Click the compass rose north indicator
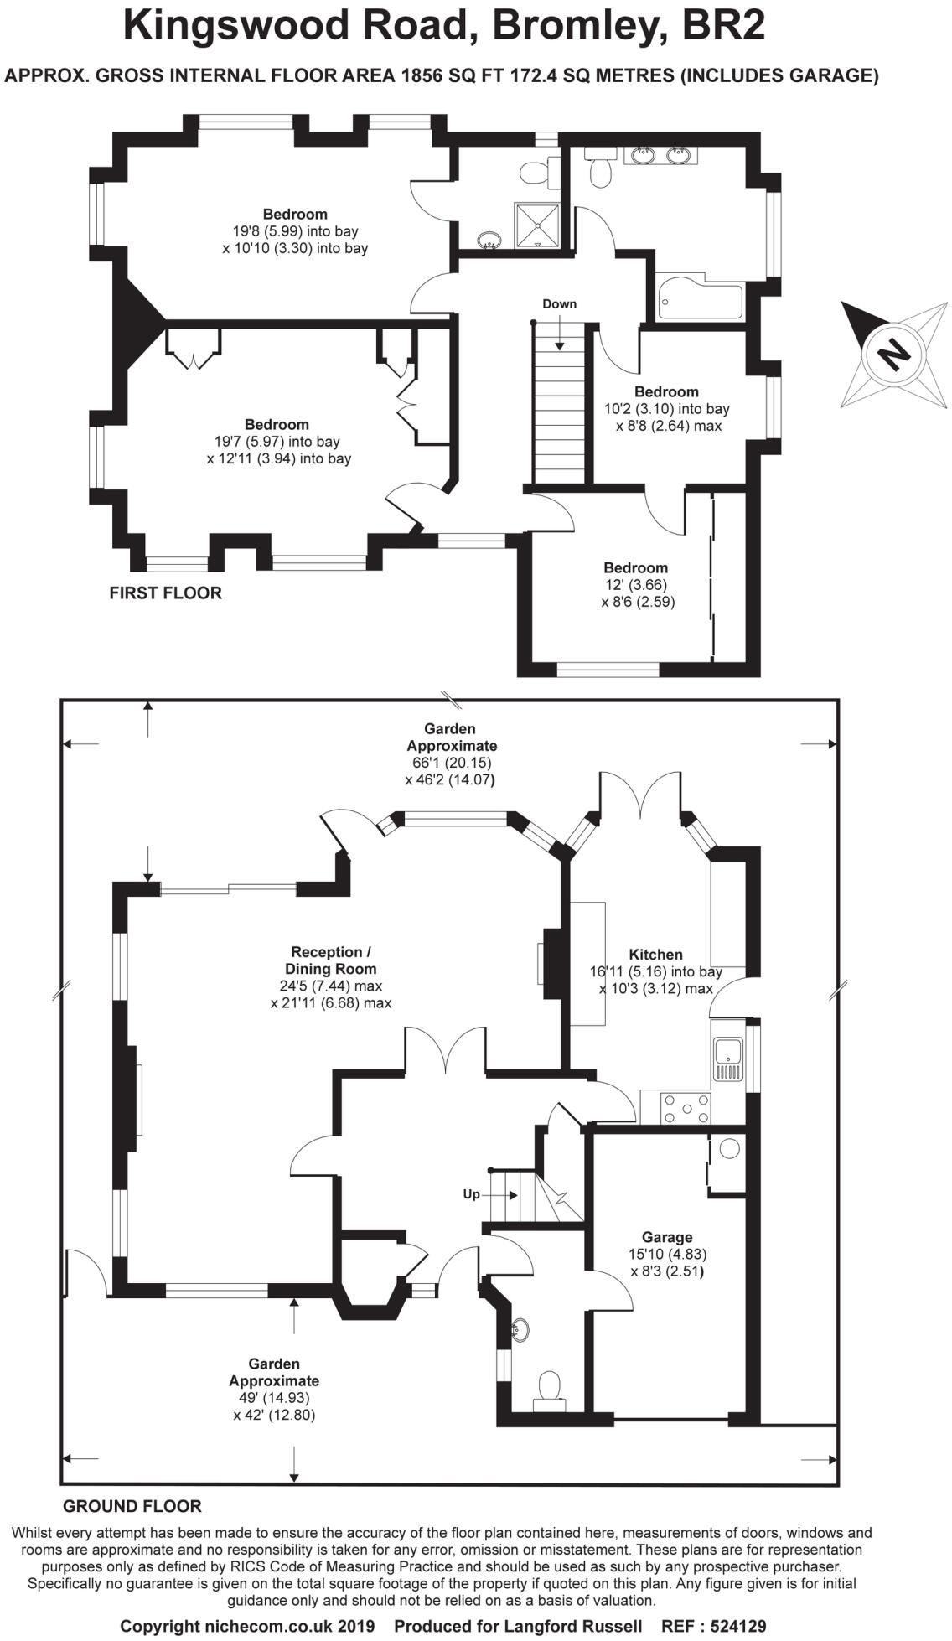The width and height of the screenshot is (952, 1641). point(893,353)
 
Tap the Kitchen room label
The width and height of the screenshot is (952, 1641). point(655,955)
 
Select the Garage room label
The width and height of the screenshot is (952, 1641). point(667,1237)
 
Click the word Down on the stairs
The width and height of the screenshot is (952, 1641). point(559,304)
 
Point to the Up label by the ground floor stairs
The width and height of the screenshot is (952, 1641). point(472,1194)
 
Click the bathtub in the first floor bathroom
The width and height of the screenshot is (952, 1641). point(700,302)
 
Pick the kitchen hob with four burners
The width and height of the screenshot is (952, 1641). point(686,1108)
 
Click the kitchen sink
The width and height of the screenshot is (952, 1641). point(727,1059)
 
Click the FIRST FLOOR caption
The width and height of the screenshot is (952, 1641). point(165,593)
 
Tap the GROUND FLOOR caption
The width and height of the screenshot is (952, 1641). point(132,1506)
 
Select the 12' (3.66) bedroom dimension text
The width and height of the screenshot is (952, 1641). point(635,585)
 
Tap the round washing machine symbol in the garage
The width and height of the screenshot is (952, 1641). point(729,1149)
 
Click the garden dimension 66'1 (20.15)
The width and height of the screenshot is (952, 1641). point(447,763)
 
